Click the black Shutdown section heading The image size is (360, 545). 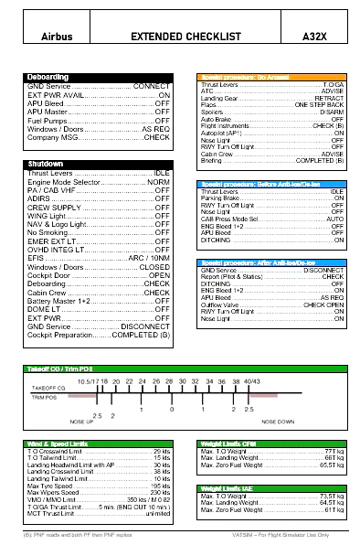(46, 165)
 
